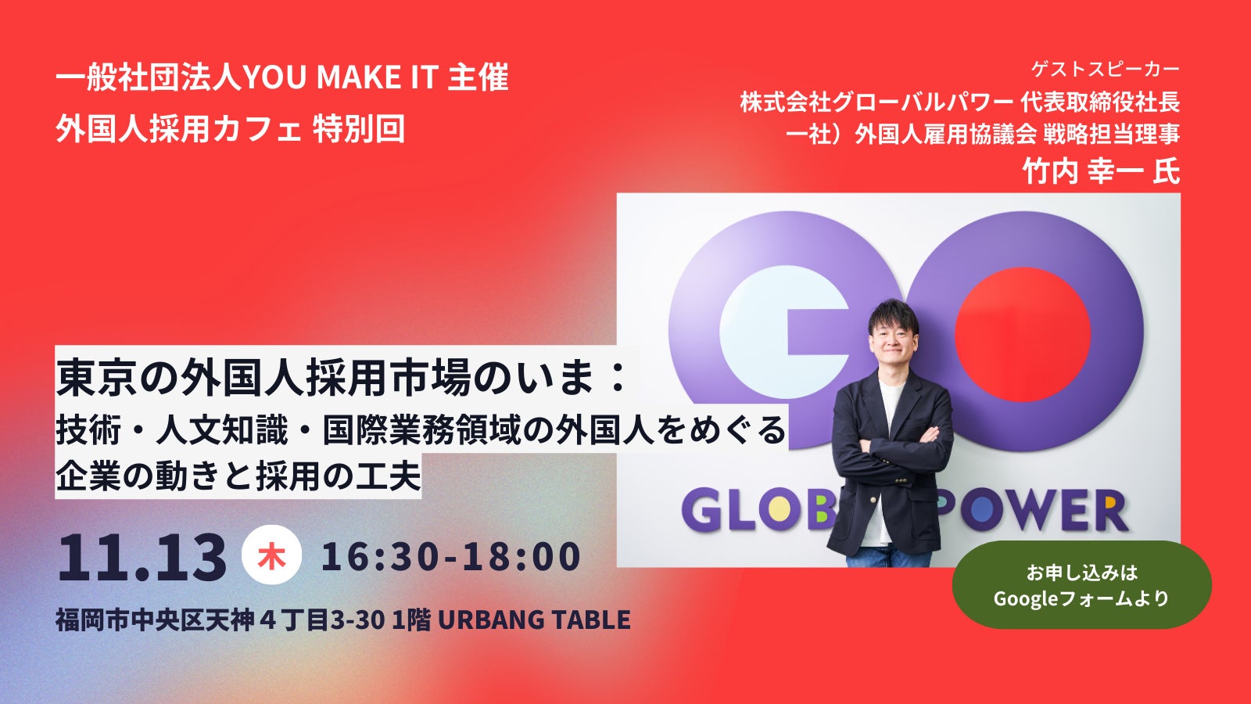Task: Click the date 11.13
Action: pyautogui.click(x=142, y=557)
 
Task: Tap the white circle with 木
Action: pyautogui.click(x=271, y=555)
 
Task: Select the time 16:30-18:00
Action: pyautogui.click(x=451, y=556)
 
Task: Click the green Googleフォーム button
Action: pyautogui.click(x=1081, y=584)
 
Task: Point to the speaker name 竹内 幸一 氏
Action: pyautogui.click(x=1101, y=170)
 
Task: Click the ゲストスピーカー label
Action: pyautogui.click(x=1106, y=69)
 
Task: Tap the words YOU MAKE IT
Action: pyautogui.click(x=340, y=77)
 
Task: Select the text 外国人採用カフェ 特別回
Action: pyautogui.click(x=230, y=129)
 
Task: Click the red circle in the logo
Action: pyautogui.click(x=1023, y=334)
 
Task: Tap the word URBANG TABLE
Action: pyautogui.click(x=535, y=620)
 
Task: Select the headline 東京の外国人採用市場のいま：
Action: pyautogui.click(x=341, y=378)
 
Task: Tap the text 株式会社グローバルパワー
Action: pyautogui.click(x=876, y=102)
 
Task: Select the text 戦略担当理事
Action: pyautogui.click(x=1111, y=134)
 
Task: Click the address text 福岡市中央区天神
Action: pyautogui.click(x=155, y=620)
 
